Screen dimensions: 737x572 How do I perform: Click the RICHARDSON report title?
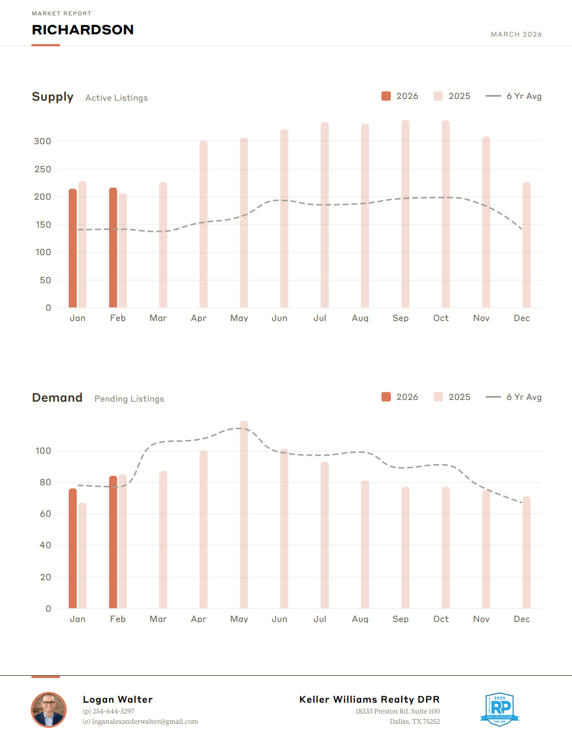point(82,30)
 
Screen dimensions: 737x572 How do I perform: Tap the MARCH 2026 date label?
point(516,34)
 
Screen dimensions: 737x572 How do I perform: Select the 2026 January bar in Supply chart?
point(73,248)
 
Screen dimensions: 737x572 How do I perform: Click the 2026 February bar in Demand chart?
point(113,542)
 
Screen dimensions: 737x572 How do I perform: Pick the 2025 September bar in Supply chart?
point(406,214)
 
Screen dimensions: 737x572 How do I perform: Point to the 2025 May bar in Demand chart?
point(244,515)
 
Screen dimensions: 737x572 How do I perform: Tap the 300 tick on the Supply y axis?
point(42,141)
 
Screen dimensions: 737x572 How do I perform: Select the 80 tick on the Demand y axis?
point(45,482)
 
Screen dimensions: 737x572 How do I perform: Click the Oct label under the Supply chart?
point(441,318)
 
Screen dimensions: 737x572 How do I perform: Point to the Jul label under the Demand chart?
point(320,619)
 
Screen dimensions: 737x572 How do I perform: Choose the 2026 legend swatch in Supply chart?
point(386,96)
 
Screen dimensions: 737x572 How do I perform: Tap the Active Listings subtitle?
point(117,98)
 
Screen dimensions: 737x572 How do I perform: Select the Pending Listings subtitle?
point(129,399)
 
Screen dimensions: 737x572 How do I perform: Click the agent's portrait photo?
point(49,710)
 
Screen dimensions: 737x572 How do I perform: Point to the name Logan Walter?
point(118,699)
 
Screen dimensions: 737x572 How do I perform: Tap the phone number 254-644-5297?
point(113,711)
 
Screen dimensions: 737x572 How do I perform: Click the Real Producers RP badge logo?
point(499,709)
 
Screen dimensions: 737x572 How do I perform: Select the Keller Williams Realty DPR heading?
point(370,699)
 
